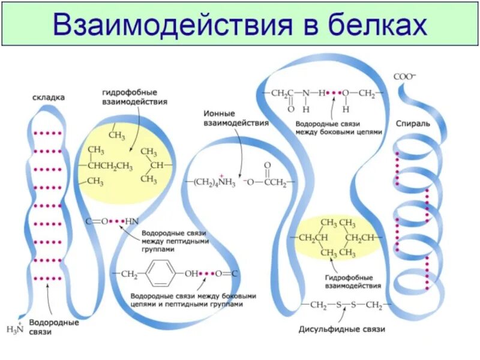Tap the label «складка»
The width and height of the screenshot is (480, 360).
pos(49,97)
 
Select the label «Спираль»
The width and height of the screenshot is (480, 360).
pos(413,123)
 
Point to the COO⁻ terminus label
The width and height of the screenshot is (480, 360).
pos(404,77)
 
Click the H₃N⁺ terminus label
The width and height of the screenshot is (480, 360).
pos(14,328)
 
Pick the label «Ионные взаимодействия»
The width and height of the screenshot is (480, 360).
pos(236,118)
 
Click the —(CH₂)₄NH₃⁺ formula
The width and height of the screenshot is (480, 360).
pos(213,182)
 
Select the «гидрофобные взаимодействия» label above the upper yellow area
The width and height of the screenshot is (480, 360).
pos(134,98)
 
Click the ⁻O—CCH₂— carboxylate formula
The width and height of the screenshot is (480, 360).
pos(267,181)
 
